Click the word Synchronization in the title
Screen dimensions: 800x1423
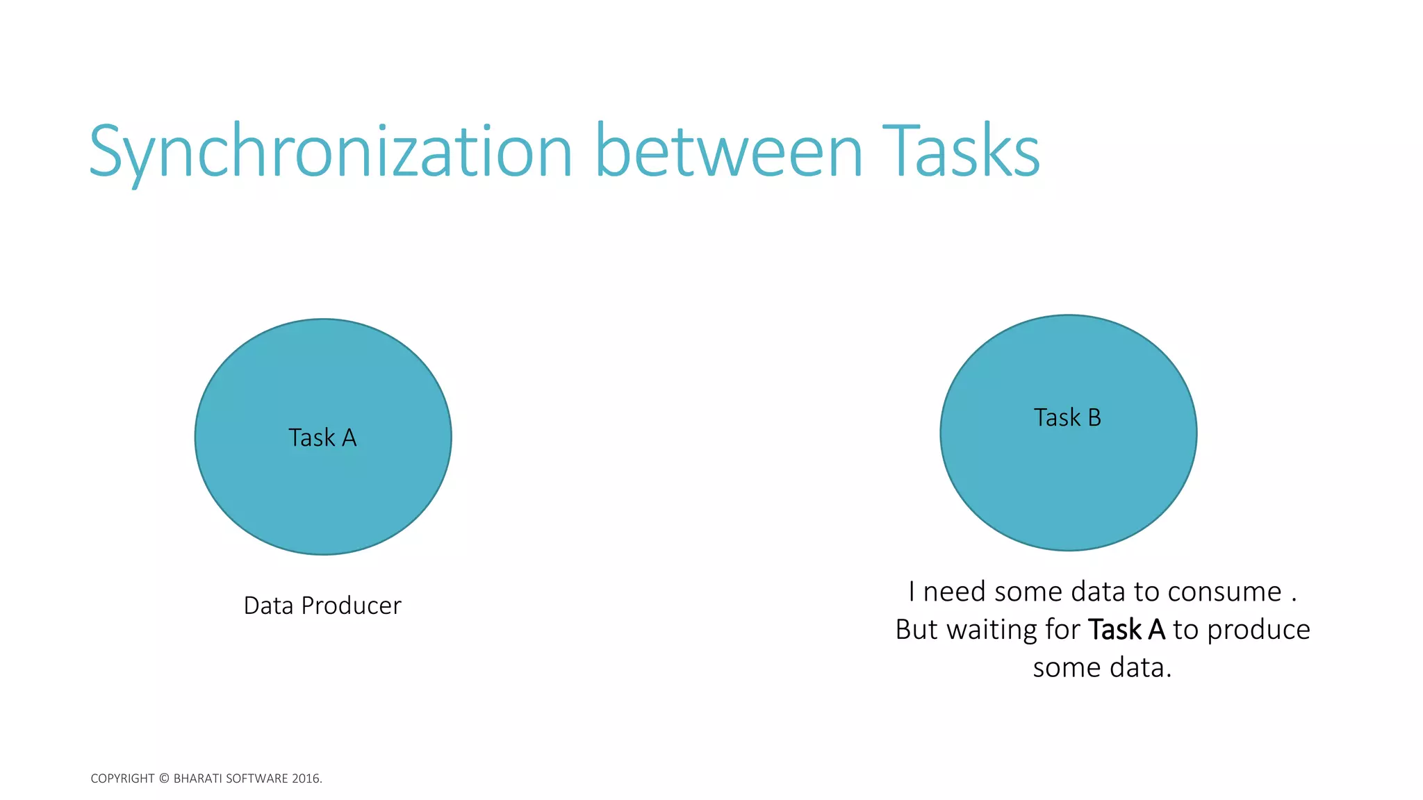pos(331,151)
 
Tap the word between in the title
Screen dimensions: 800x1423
pos(729,151)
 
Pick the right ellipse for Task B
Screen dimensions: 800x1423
pos(1068,486)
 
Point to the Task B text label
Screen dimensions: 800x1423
pos(1067,417)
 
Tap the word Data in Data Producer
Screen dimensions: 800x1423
pos(268,606)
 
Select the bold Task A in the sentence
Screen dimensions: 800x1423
pos(1126,630)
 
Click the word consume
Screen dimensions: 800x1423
pos(1224,592)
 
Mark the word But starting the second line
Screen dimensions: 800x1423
pos(917,630)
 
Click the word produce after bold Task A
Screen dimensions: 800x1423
pos(1258,630)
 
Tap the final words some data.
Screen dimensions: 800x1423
pos(1102,668)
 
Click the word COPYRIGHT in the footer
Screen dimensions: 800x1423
pos(122,778)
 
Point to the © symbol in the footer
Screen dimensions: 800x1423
pos(164,778)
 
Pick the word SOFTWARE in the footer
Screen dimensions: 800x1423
pos(257,778)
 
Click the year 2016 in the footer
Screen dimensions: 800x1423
pos(306,778)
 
